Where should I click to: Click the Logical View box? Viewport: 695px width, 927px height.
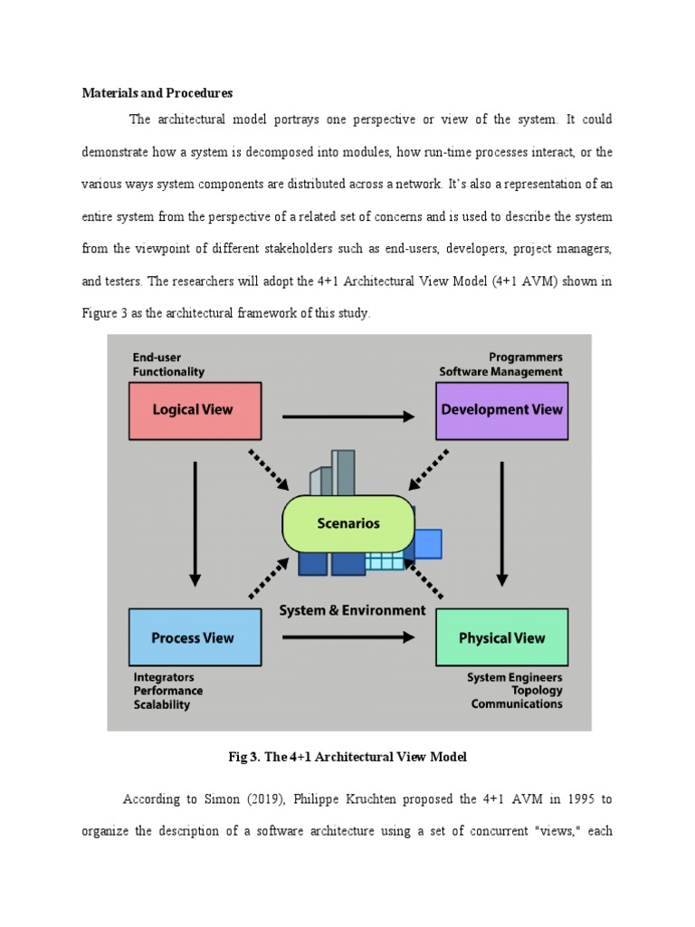195,410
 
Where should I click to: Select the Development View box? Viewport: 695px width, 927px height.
501,410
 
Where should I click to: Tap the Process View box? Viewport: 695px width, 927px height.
194,637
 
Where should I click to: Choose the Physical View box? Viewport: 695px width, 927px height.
501,637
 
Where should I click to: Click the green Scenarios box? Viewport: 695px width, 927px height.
348,523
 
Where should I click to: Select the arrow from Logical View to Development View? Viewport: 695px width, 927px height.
348,416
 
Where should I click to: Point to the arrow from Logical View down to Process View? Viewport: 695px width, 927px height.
195,522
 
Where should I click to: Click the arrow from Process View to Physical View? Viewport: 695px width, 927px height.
348,636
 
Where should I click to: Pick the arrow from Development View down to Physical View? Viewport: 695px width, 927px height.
502,522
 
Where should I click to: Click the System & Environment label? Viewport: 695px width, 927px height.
352,610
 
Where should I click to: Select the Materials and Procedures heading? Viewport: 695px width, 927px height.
157,93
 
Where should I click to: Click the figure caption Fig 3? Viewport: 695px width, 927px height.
348,757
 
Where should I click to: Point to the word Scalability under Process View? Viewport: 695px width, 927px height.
162,704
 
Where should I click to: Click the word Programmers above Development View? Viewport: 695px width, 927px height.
526,358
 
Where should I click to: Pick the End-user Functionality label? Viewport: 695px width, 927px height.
168,364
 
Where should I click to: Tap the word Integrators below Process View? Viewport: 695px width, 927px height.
164,677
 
